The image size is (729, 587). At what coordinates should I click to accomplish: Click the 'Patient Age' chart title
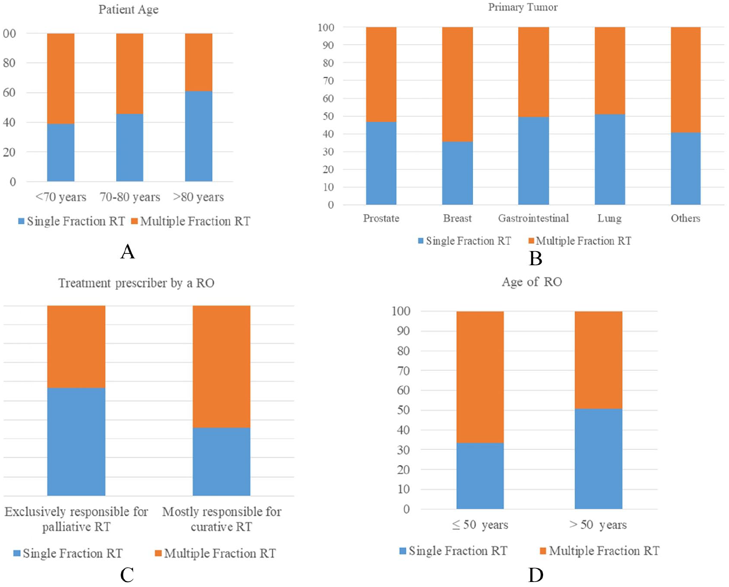pos(128,10)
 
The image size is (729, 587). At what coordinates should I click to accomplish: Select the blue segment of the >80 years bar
pos(199,136)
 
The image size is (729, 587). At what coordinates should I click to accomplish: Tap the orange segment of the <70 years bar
pos(61,79)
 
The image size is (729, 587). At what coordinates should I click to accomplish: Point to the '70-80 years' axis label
pos(130,197)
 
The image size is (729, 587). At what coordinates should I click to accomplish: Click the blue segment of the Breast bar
pos(457,173)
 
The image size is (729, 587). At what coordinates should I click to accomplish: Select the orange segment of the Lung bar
pos(610,71)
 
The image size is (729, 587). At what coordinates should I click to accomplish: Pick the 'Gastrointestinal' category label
pos(533,218)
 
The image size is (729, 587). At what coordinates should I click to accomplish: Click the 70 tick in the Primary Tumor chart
pos(328,81)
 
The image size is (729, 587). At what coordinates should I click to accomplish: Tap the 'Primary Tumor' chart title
pos(523,7)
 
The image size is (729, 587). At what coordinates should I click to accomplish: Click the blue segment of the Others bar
pos(686,169)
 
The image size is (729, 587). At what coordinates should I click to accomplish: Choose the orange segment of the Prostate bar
pos(381,75)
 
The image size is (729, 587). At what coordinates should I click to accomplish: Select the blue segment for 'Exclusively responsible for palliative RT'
pos(76,442)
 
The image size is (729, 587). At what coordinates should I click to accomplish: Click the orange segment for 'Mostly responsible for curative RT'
pos(221,367)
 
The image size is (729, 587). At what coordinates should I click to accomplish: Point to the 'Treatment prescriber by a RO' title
pos(136,283)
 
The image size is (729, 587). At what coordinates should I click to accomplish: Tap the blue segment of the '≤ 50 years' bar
pos(480,476)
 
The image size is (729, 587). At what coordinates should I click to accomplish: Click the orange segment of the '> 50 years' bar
pos(599,360)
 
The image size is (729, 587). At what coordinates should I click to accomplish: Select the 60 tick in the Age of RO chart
pos(404,390)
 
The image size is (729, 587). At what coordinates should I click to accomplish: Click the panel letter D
pos(535,575)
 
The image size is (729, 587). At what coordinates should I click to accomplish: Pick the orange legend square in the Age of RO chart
pos(543,551)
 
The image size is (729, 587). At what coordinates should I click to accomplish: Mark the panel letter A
pos(128,252)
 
